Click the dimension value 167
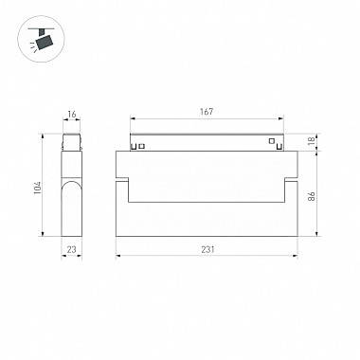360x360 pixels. pos(207,112)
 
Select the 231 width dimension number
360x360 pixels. pos(207,249)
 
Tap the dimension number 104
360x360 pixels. pos(38,188)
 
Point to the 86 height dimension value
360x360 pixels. pos(311,196)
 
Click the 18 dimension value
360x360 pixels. pos(311,141)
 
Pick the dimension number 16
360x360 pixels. pos(72,114)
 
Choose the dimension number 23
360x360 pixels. pos(72,249)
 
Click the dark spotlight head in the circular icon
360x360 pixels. pos(45,43)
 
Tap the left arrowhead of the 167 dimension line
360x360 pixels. pos(133,119)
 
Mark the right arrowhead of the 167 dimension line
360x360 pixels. pos(280,119)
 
